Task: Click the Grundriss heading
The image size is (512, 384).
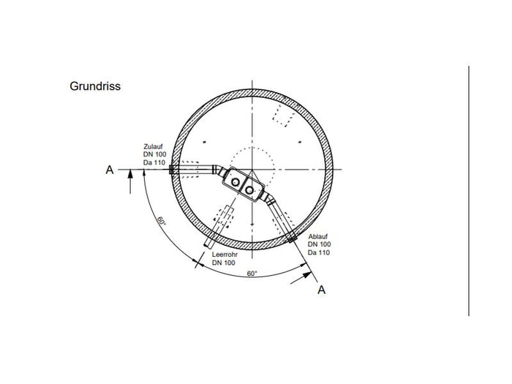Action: [x=95, y=86]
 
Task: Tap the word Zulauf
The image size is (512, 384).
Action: [x=153, y=146]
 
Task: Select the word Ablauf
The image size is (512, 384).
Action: [x=317, y=236]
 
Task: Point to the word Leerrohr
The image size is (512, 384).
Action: [x=225, y=255]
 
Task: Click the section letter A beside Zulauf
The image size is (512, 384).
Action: [x=110, y=170]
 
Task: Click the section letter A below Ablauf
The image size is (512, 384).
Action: [x=322, y=290]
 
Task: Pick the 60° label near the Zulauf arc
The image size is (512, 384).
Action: [x=162, y=221]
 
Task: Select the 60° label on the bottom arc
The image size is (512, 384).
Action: [x=252, y=274]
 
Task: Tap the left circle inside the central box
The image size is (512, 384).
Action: [x=235, y=182]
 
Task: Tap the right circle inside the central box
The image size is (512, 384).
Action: [x=249, y=189]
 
